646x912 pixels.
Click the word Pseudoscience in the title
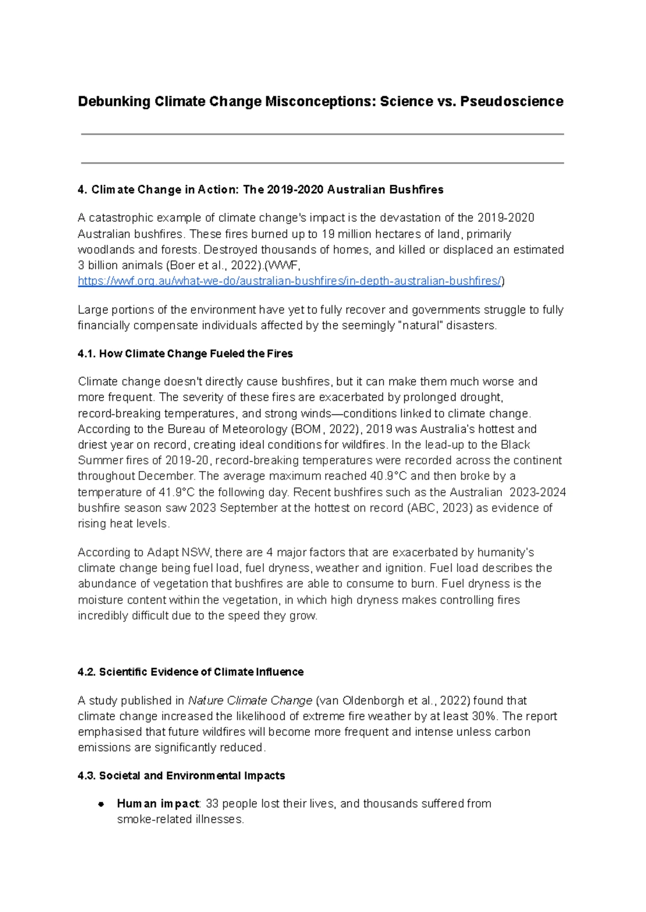(511, 102)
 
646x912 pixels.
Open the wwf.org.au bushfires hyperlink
(290, 281)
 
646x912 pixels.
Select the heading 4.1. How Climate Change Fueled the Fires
(185, 354)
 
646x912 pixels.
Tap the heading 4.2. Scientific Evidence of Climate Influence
(191, 672)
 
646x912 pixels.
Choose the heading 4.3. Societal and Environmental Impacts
(181, 776)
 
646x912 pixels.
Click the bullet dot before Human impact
(101, 804)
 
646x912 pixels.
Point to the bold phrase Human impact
(158, 804)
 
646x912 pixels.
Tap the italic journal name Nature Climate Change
(250, 700)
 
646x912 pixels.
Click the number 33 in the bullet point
(213, 804)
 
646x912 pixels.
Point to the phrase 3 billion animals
(120, 265)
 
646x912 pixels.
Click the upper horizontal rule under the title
(322, 134)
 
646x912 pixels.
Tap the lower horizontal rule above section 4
(322, 163)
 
